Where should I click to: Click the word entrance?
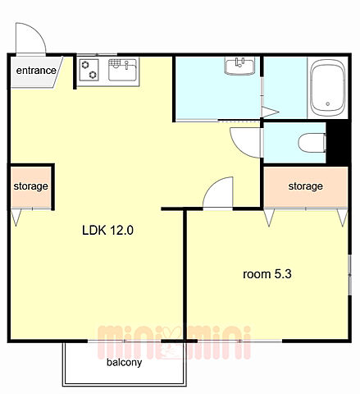(36, 71)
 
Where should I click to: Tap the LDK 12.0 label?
(107, 230)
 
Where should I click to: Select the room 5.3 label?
(267, 274)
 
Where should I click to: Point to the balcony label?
(125, 363)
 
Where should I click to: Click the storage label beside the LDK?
(31, 186)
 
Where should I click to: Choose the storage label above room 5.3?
(305, 186)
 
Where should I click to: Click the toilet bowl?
(312, 143)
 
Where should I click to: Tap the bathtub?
(328, 88)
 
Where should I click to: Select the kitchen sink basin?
(122, 70)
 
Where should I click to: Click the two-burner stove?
(89, 70)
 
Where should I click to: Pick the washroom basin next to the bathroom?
(239, 66)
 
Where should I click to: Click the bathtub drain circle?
(328, 103)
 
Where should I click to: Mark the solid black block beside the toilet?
(338, 143)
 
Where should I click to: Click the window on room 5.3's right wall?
(349, 274)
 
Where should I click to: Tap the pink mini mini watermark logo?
(174, 342)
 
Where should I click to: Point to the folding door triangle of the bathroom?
(270, 112)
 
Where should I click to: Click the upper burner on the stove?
(85, 65)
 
